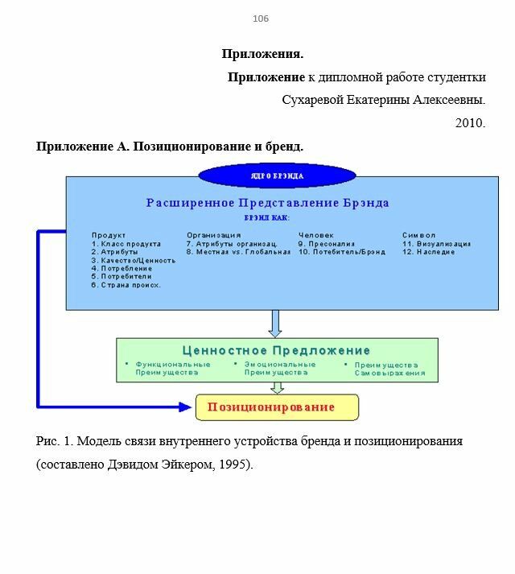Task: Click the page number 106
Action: (x=261, y=19)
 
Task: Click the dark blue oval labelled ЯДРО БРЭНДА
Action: (x=276, y=175)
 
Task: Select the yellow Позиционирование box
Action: (x=277, y=407)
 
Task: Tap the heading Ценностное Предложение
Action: (x=276, y=350)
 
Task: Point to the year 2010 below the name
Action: (x=470, y=123)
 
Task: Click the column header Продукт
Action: (x=109, y=235)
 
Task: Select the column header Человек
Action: (x=315, y=235)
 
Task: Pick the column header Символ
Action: (x=418, y=235)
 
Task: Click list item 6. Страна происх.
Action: (x=126, y=285)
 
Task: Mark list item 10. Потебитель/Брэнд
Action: (x=341, y=252)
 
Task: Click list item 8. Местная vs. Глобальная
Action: (x=238, y=252)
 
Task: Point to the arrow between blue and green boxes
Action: (x=275, y=324)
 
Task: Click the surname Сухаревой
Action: (x=315, y=101)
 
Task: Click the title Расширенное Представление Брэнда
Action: (x=267, y=203)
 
